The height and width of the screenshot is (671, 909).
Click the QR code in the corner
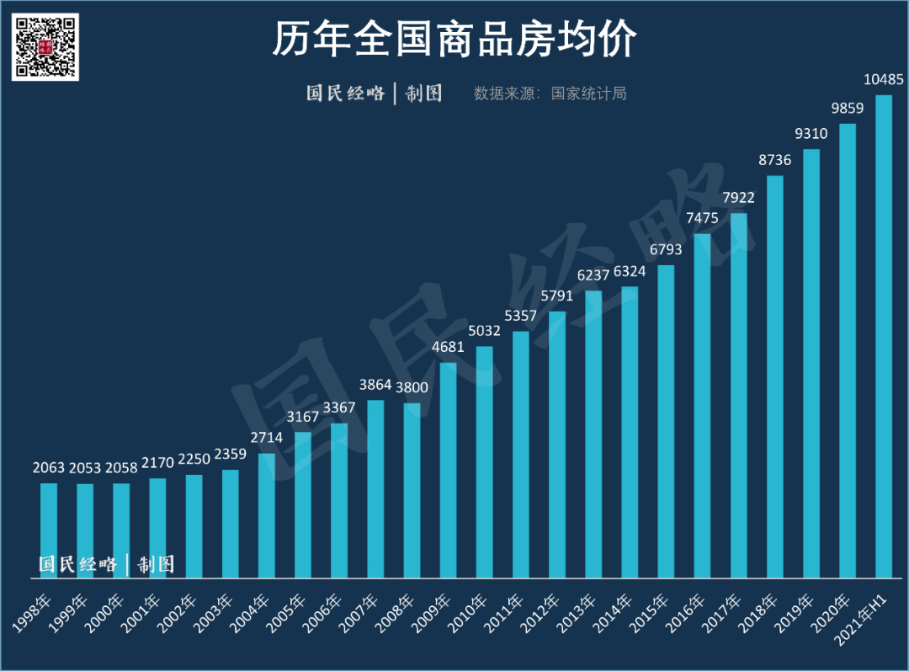click(45, 46)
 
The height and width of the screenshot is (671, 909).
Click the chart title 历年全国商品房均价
click(454, 40)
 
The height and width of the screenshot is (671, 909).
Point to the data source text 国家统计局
click(588, 93)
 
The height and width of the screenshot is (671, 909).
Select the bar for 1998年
click(49, 530)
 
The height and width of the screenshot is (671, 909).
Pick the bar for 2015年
click(666, 421)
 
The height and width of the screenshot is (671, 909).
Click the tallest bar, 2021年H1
click(884, 337)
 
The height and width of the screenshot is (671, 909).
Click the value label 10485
click(884, 80)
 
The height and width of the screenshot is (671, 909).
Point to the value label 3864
click(375, 386)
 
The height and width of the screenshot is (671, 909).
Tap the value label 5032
click(484, 332)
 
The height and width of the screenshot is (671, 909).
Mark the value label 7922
click(738, 199)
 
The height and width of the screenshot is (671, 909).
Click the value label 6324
click(630, 272)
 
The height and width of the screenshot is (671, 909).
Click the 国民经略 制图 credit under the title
click(374, 93)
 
